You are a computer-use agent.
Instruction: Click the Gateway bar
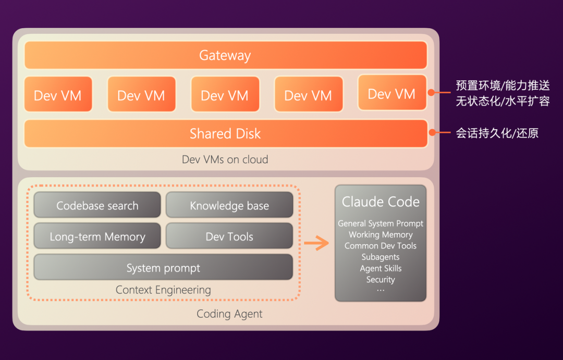point(225,55)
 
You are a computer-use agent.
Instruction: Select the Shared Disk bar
point(225,134)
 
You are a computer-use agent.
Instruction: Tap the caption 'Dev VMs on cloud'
point(225,159)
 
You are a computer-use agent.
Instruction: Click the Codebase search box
point(97,205)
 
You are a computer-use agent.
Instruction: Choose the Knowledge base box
point(229,205)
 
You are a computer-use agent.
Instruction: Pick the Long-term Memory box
point(97,237)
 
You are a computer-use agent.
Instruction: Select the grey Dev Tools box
point(229,237)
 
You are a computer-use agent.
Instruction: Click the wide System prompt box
point(163,268)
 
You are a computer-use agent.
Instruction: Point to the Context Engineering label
point(163,290)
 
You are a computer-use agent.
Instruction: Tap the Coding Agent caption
point(229,314)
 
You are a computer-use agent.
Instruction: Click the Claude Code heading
point(381,202)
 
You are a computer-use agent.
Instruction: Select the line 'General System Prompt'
point(381,224)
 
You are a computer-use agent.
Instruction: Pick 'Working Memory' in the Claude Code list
point(381,235)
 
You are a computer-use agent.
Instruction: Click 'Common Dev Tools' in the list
point(381,246)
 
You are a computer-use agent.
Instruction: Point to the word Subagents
point(381,257)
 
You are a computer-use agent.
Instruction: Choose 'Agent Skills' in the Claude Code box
point(381,268)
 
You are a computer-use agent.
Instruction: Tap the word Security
point(381,280)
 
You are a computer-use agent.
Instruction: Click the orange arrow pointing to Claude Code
point(316,243)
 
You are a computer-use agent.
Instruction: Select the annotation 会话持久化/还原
point(497,133)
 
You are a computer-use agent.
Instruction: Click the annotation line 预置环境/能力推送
point(503,85)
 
